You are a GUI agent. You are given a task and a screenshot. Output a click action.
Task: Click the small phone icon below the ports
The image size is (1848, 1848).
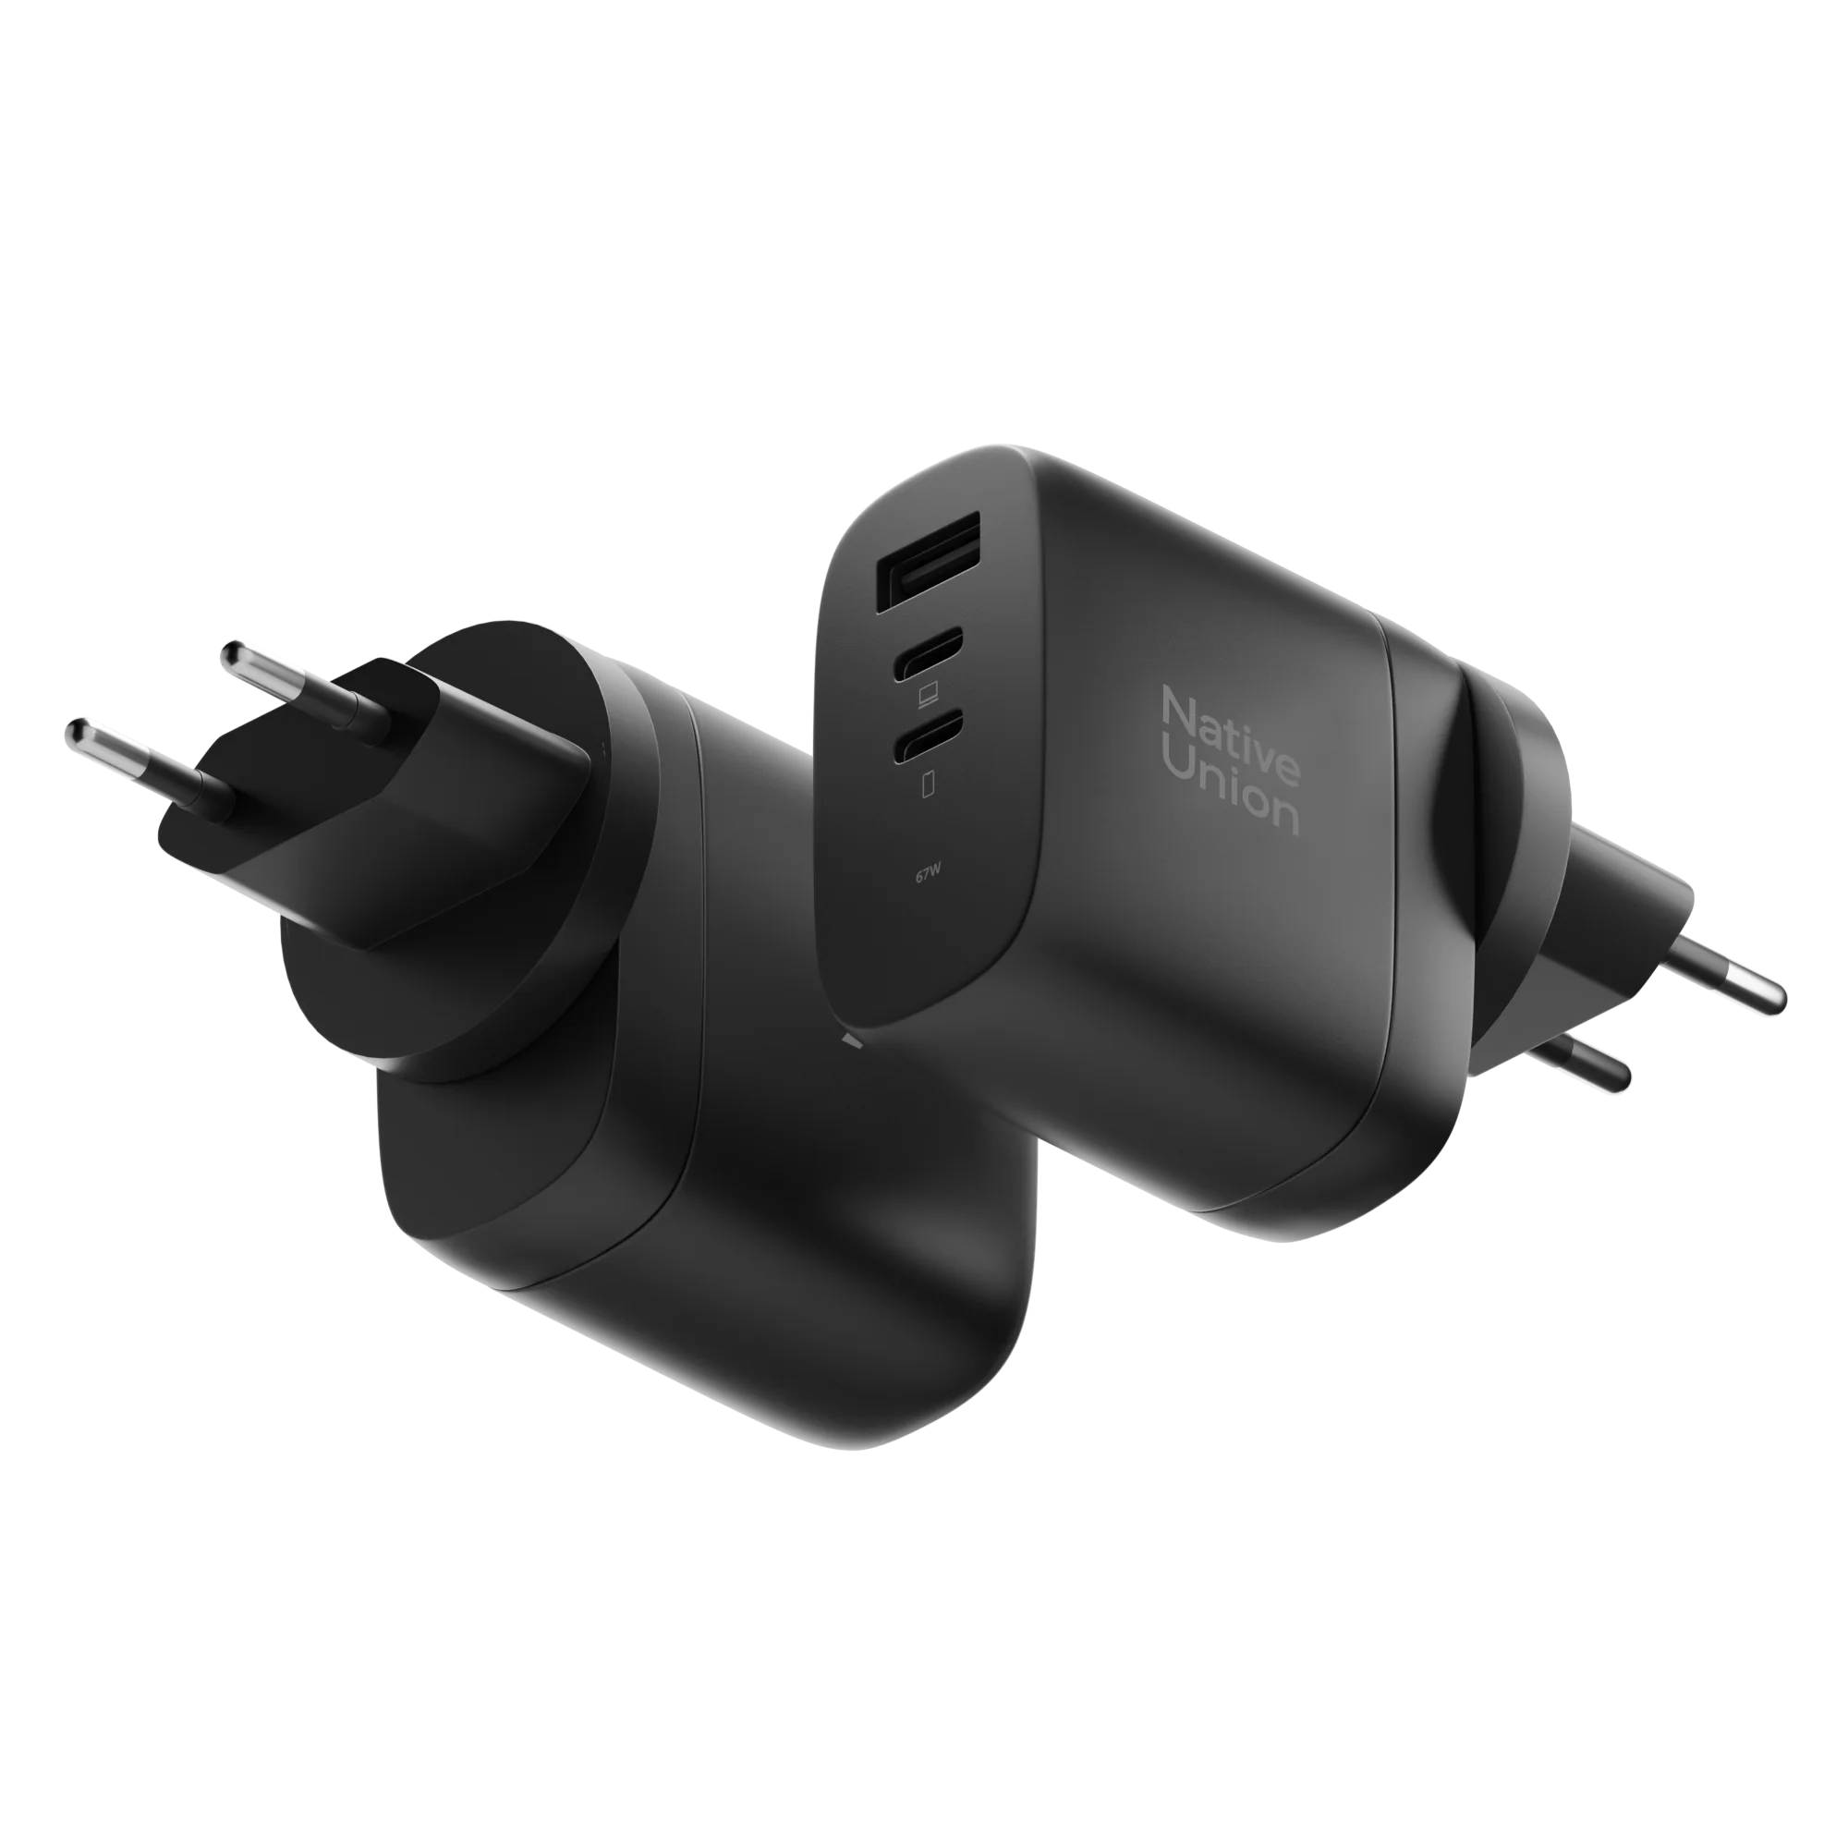pos(926,784)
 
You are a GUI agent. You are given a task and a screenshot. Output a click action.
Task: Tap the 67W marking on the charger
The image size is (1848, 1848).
pos(925,872)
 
